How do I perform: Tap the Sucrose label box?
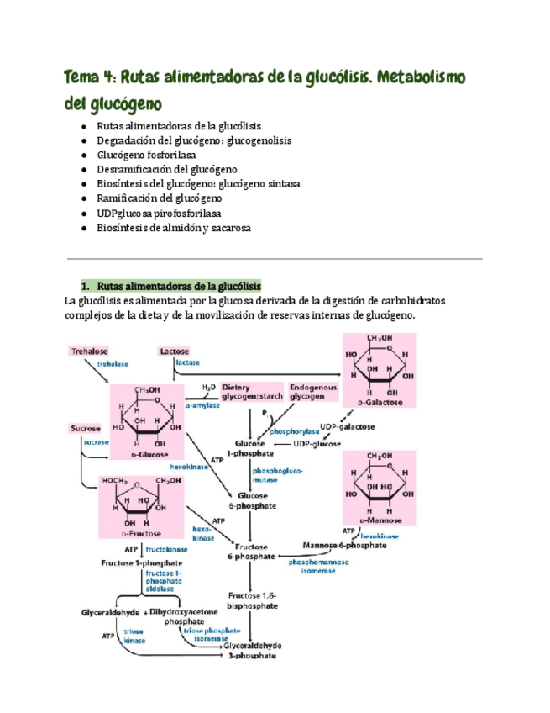(86, 428)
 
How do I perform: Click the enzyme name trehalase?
(112, 364)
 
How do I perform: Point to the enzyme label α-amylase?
(202, 404)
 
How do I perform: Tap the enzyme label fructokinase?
(165, 548)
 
